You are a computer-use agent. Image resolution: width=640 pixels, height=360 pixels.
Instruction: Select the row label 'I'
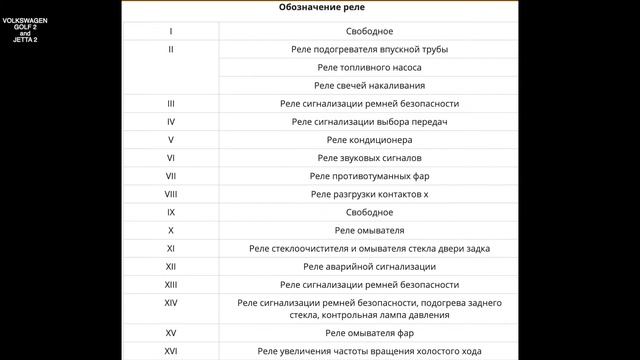(x=171, y=31)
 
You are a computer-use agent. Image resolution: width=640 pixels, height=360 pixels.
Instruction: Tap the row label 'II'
(x=171, y=49)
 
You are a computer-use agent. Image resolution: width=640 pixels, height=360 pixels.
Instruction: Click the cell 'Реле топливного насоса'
(x=369, y=67)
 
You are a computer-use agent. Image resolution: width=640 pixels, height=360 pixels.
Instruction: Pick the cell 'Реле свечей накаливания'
(x=369, y=85)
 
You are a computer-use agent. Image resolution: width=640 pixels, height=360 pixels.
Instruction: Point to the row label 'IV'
(x=171, y=121)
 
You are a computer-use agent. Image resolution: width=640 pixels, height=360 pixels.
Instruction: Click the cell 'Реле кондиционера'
(x=369, y=139)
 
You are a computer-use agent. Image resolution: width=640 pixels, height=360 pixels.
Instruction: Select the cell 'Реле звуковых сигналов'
(x=369, y=157)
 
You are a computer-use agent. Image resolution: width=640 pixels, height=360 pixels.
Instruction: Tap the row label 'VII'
(x=171, y=175)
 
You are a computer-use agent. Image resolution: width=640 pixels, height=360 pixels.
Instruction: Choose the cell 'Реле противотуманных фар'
(x=369, y=175)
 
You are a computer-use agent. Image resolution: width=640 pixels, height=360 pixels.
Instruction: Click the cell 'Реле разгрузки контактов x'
(x=369, y=193)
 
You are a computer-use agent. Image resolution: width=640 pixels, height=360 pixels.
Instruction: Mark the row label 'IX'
(x=171, y=211)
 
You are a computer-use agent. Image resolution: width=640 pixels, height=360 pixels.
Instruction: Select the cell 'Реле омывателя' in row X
(x=369, y=229)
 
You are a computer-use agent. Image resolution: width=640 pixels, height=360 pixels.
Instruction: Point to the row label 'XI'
(x=171, y=247)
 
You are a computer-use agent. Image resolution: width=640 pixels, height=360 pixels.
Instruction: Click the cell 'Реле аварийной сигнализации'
(x=369, y=266)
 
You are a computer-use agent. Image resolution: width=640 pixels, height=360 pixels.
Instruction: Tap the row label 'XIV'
(x=171, y=302)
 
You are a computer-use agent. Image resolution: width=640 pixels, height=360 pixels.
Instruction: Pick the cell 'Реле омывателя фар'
(x=369, y=332)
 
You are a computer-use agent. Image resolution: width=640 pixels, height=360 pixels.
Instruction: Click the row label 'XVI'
(x=171, y=351)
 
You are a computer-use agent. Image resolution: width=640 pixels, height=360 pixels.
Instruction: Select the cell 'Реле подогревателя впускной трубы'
(x=369, y=49)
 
